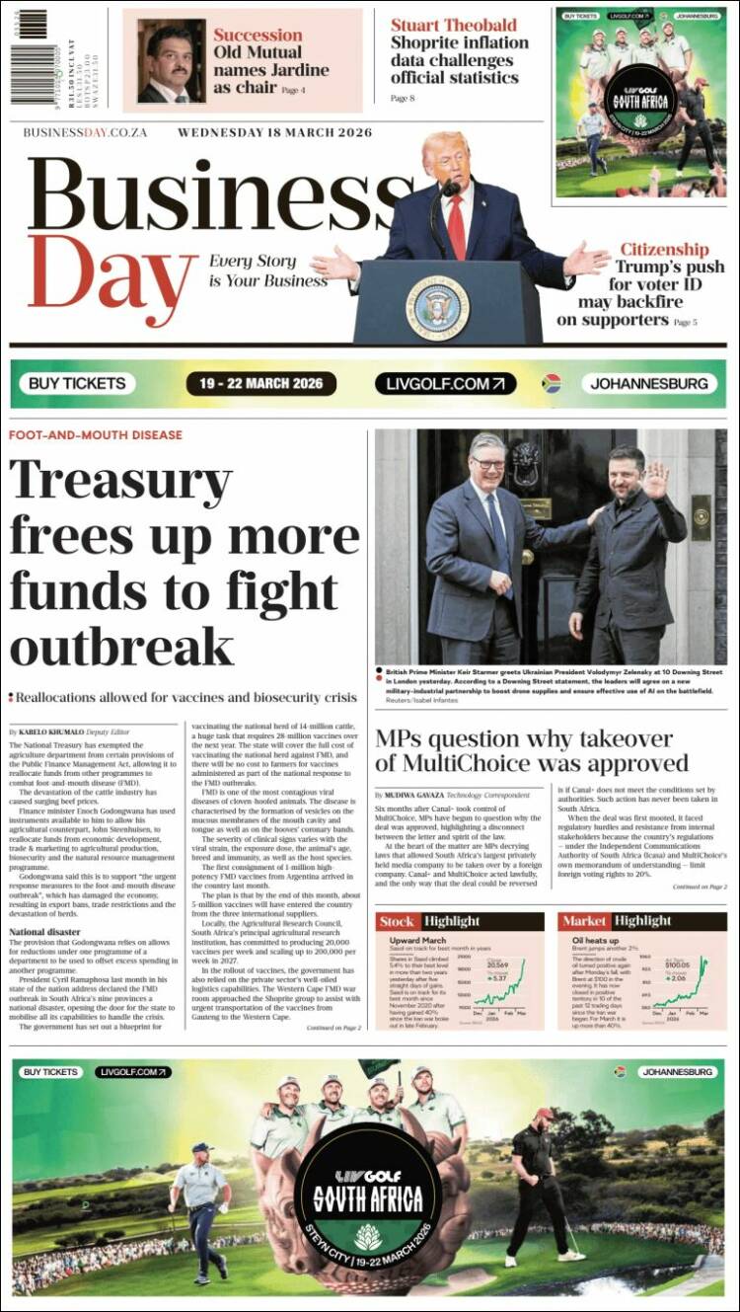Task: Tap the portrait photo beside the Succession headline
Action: [x=172, y=61]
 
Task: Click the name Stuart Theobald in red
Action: [x=453, y=25]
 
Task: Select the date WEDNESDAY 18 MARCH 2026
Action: [x=274, y=133]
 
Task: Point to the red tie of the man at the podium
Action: [x=457, y=226]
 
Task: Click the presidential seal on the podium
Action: [x=437, y=307]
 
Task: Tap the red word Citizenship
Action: [x=664, y=250]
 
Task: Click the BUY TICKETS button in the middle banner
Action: [x=77, y=383]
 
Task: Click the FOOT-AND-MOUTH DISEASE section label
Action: [x=96, y=435]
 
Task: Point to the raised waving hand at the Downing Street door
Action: [x=655, y=481]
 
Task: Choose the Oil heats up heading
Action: [x=595, y=941]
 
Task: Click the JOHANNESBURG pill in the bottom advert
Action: [x=677, y=1071]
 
